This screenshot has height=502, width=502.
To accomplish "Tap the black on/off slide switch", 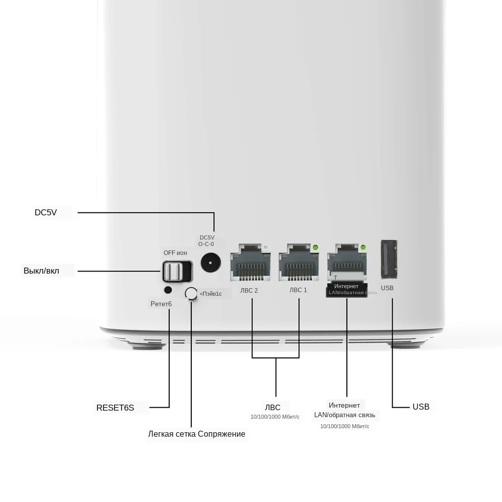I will [x=177, y=271].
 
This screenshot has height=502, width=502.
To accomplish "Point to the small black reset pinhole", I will [x=168, y=290].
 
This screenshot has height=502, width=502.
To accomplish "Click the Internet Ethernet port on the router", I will [x=346, y=263].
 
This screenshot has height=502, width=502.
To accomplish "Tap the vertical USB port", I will [x=389, y=259].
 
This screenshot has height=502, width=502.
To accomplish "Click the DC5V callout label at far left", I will [x=46, y=212].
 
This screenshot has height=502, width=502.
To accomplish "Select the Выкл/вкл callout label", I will [x=41, y=271].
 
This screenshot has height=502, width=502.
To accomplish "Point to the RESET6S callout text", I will [x=115, y=408].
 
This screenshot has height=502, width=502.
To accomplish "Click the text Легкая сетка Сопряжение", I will [x=196, y=434].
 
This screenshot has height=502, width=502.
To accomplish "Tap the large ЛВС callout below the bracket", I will [x=273, y=407].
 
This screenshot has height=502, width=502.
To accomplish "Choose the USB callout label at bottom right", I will [x=421, y=407].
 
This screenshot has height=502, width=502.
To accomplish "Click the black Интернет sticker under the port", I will [x=346, y=289].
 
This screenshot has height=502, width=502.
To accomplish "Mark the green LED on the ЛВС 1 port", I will [x=315, y=247].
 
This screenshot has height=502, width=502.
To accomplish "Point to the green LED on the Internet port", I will [x=363, y=247].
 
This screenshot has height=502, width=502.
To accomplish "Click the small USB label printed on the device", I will [x=387, y=288].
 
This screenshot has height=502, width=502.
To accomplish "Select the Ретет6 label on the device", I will [x=161, y=304].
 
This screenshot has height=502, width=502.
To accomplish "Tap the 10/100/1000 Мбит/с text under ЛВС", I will [x=275, y=417].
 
